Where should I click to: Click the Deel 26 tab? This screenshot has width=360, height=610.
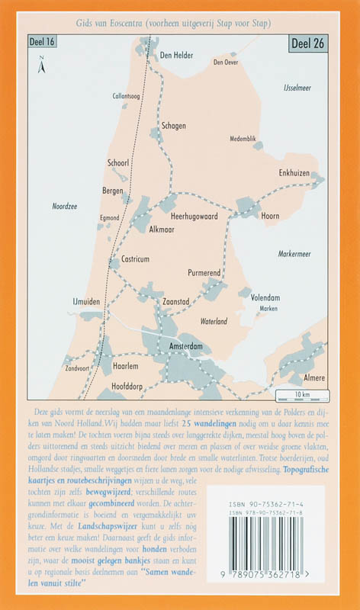click(308, 44)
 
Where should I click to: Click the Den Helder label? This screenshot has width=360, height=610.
click(176, 56)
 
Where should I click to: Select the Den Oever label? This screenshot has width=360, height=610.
click(226, 63)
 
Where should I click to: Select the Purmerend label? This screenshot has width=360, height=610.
click(204, 271)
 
